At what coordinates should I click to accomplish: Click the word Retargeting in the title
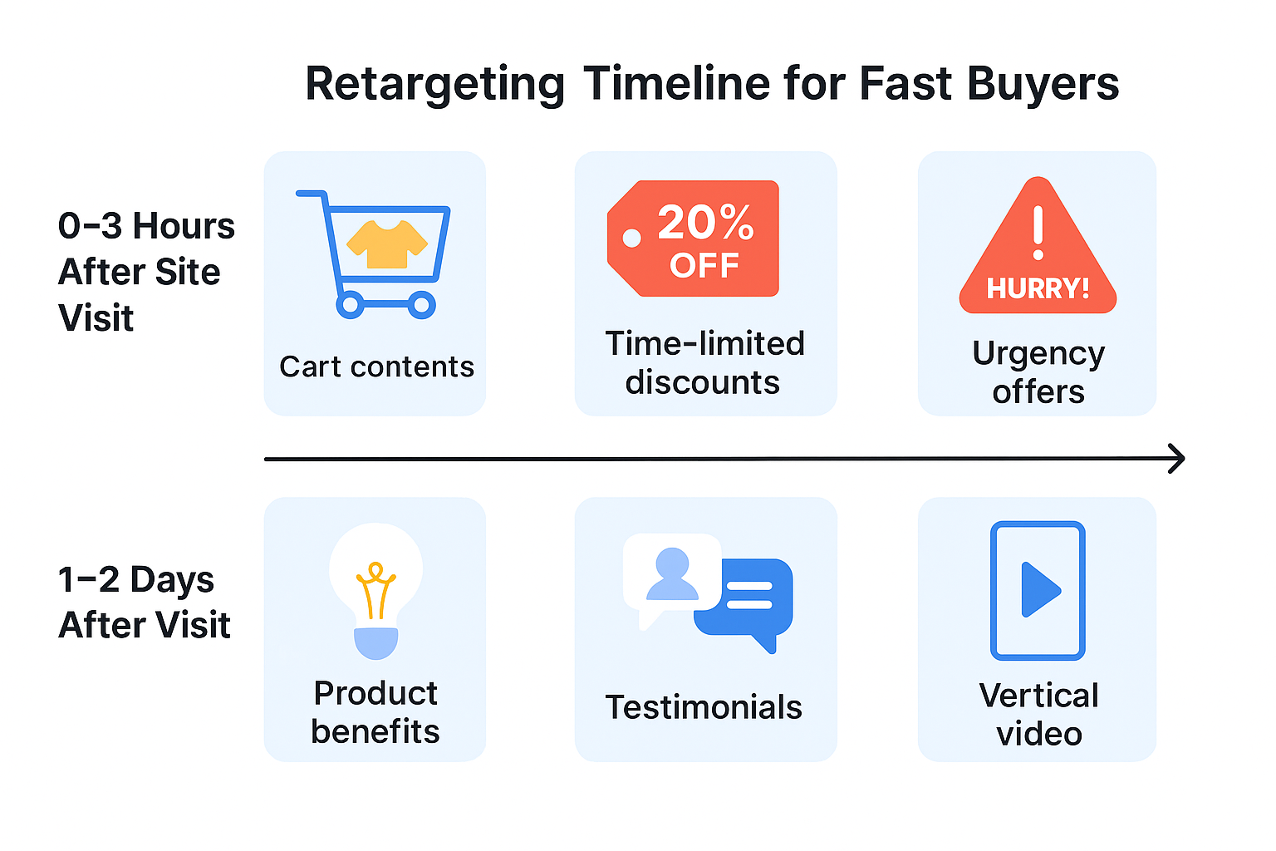[x=434, y=85]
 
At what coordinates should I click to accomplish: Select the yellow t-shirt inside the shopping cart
[x=386, y=243]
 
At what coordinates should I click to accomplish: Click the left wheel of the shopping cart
[x=350, y=305]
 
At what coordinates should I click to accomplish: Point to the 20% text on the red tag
[x=705, y=223]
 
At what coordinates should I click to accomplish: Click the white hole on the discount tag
[x=631, y=239]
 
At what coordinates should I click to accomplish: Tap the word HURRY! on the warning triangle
[x=1038, y=288]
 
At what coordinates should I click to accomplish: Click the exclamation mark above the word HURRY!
[x=1038, y=233]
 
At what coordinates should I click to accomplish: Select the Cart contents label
[x=376, y=366]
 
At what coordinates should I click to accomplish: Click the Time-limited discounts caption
[x=704, y=362]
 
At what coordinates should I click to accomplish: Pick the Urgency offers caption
[x=1038, y=371]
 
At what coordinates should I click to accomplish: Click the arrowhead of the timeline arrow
[x=1176, y=459]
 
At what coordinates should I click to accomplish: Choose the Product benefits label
[x=375, y=712]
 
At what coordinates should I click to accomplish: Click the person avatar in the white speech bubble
[x=672, y=574]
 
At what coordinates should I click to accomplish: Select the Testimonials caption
[x=704, y=707]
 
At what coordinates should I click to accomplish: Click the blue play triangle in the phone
[x=1039, y=590]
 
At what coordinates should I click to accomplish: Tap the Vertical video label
[x=1038, y=715]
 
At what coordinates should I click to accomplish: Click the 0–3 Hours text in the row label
[x=146, y=226]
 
